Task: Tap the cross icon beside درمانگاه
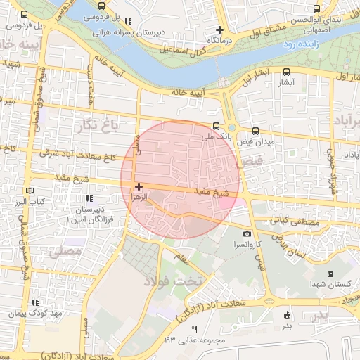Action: [x=220, y=30]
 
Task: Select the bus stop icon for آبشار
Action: [x=286, y=71]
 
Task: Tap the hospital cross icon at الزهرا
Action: [x=139, y=186]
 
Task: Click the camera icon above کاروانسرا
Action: [x=246, y=233]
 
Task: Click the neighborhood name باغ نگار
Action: [x=97, y=125]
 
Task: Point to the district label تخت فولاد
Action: [x=173, y=281]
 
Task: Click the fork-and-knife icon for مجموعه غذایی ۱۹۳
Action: [x=195, y=329]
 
